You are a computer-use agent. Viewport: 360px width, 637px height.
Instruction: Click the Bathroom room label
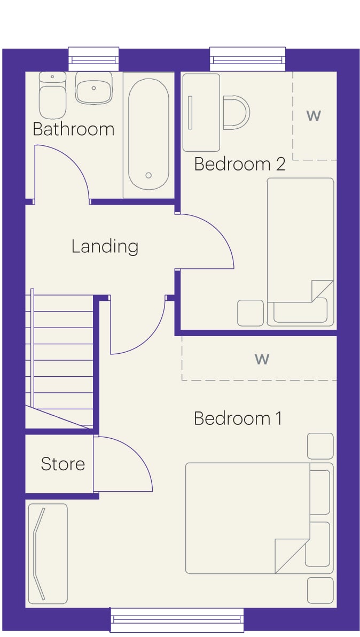[74, 129]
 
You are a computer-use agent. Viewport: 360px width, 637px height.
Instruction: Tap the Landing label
[105, 246]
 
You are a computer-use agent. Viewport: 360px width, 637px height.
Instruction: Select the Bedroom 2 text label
[240, 164]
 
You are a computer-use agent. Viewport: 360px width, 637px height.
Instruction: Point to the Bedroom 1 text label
[238, 418]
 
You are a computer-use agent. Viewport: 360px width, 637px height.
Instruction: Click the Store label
[63, 464]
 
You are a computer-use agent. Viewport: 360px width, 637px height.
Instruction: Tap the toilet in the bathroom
[52, 95]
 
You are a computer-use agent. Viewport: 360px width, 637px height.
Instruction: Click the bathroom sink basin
[94, 88]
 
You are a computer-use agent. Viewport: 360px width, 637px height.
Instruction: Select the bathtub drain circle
[148, 175]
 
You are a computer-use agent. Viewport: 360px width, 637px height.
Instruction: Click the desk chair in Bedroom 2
[236, 113]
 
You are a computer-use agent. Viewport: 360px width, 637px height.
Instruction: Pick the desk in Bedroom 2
[201, 112]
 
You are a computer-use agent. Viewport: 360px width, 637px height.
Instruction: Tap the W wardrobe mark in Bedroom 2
[314, 116]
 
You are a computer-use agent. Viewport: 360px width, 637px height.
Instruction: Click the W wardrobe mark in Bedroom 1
[262, 359]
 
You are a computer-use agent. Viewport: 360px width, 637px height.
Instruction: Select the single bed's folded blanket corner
[322, 291]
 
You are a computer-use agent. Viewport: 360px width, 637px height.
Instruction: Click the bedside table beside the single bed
[251, 313]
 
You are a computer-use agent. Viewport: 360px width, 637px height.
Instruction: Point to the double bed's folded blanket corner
[292, 556]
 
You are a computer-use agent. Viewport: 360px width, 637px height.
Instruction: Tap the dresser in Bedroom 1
[48, 554]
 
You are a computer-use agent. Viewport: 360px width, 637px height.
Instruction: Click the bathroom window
[94, 59]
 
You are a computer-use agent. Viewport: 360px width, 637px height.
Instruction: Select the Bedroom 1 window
[177, 620]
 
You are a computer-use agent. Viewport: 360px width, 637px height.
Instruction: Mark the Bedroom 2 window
[248, 59]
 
